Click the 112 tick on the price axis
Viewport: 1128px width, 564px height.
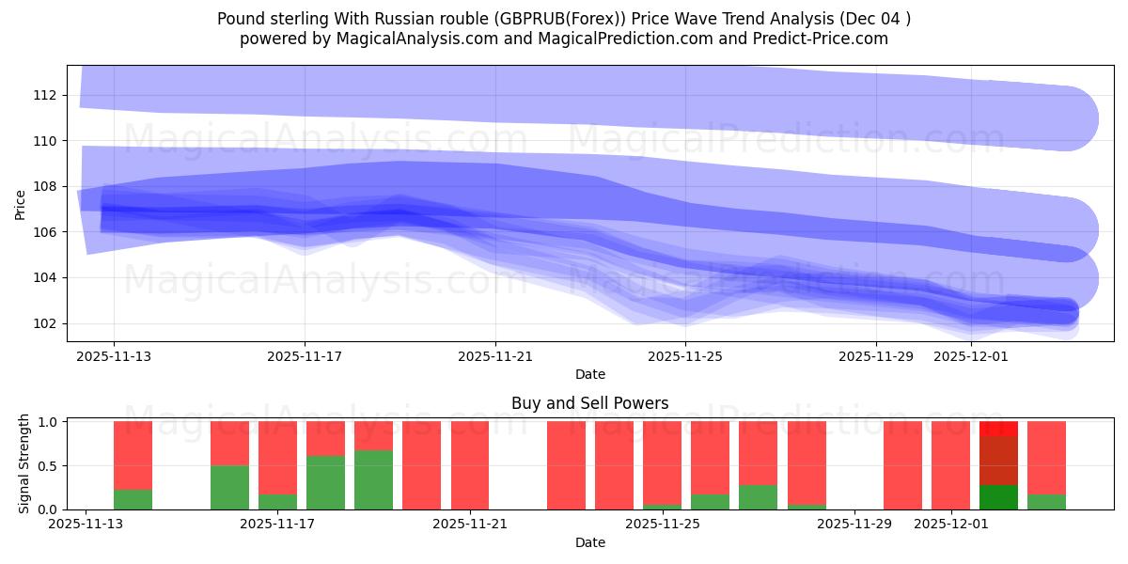(x=45, y=95)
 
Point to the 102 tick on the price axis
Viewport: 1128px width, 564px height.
(x=45, y=323)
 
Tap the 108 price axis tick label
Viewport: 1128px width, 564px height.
(x=45, y=186)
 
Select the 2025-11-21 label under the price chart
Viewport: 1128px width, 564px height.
(x=495, y=357)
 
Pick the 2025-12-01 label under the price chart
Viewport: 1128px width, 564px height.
(x=971, y=357)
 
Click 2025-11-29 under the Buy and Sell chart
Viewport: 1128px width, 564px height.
(x=854, y=525)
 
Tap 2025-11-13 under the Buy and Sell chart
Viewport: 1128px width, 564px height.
(x=86, y=525)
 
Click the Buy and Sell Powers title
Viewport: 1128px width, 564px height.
(x=589, y=403)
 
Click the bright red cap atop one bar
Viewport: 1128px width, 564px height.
(x=998, y=429)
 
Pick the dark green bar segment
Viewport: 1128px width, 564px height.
(x=998, y=497)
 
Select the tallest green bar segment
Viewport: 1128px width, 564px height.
(x=373, y=479)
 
